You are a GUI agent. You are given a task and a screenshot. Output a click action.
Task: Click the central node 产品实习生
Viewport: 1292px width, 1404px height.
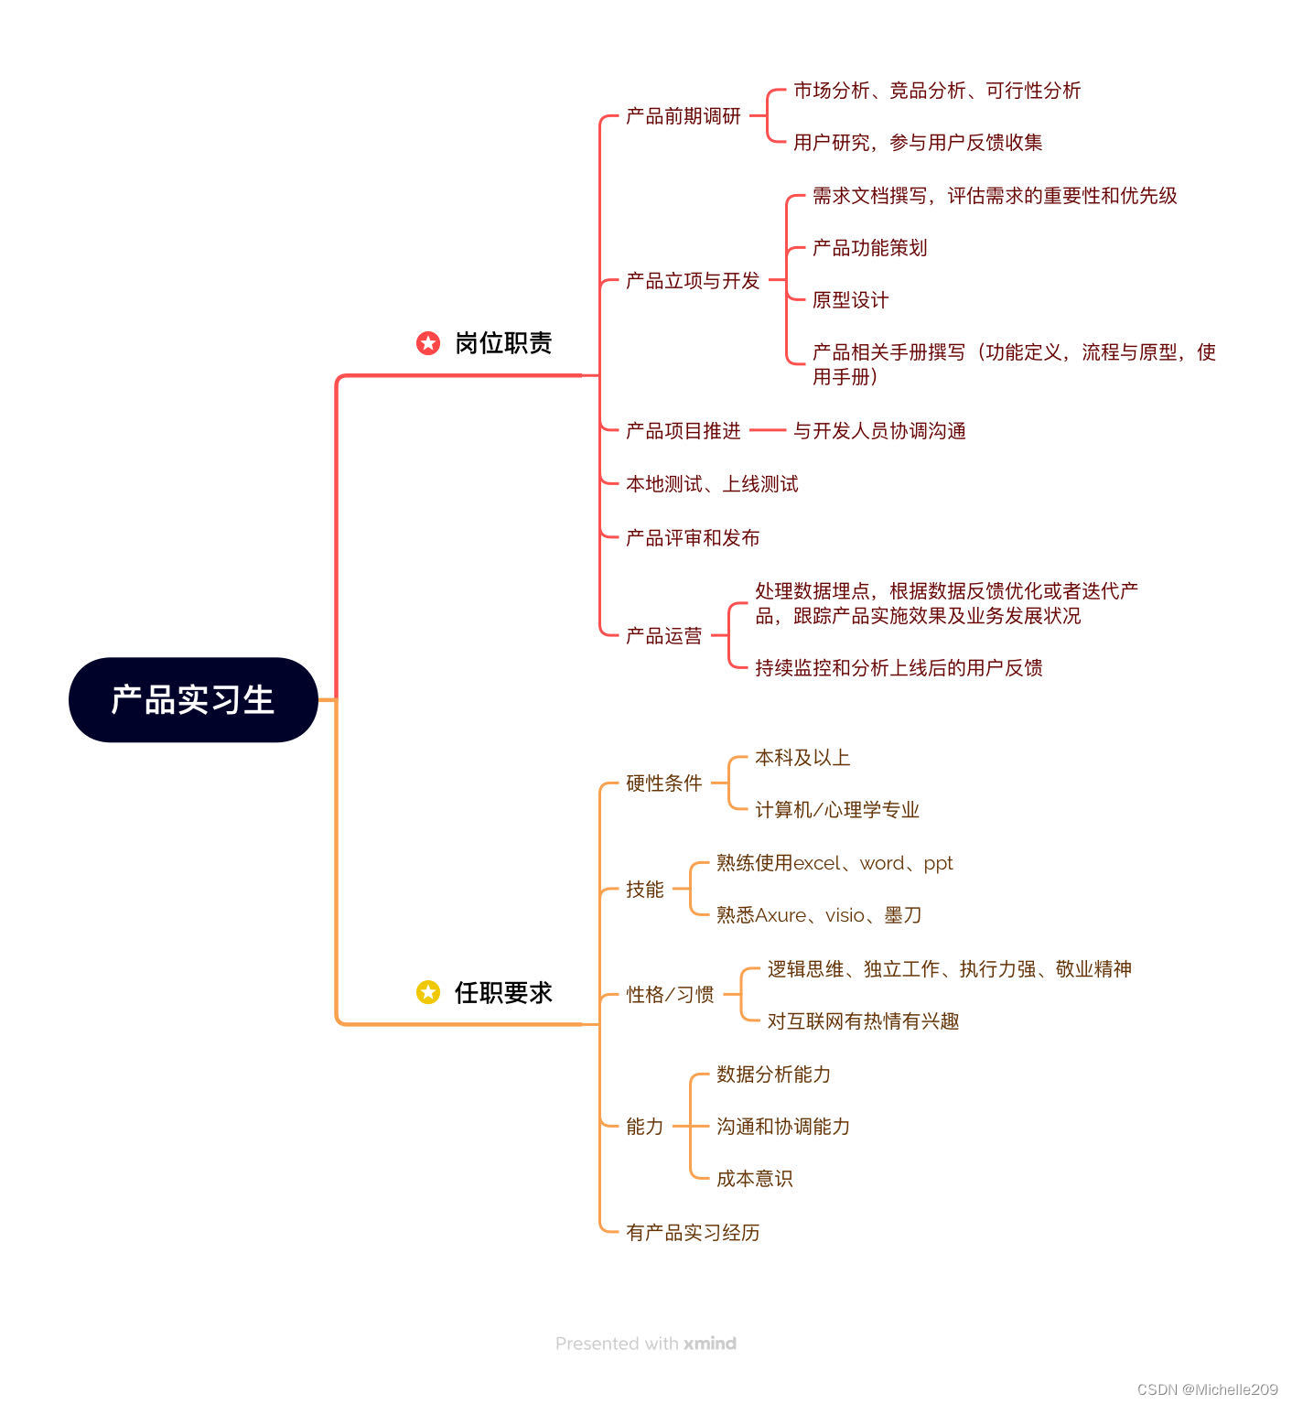193,700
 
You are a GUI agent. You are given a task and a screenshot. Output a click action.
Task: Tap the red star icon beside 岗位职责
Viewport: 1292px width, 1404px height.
427,343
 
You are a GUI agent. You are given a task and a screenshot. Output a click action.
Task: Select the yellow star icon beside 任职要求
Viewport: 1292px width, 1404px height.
427,992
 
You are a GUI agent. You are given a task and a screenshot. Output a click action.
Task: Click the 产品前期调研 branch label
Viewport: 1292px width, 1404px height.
683,116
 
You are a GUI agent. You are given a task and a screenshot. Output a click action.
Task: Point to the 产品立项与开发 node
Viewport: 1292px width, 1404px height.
693,281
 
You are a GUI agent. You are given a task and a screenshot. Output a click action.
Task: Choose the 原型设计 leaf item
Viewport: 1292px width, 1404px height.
850,300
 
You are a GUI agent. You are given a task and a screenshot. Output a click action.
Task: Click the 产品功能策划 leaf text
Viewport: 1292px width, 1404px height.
869,248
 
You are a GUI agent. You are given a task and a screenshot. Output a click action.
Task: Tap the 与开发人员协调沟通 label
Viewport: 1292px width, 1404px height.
879,431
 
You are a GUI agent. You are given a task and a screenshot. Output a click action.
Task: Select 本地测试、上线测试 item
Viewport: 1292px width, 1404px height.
712,484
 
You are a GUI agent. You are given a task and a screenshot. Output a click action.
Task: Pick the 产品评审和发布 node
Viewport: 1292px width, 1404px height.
693,538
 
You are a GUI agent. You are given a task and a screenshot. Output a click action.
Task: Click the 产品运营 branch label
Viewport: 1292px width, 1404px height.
663,636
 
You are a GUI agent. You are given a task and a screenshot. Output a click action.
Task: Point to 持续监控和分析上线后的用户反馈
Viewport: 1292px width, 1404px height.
899,668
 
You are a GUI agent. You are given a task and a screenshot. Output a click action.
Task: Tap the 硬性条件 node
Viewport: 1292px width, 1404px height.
663,783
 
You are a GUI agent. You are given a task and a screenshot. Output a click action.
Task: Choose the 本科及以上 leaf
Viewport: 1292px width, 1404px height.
802,758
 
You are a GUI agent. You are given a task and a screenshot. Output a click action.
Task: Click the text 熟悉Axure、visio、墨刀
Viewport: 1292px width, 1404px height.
819,915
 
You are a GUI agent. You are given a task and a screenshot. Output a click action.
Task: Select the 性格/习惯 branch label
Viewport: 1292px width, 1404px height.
670,995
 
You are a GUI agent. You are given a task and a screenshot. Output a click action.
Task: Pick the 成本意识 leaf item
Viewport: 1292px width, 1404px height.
754,1179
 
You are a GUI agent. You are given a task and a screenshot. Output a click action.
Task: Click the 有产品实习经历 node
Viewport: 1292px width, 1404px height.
693,1233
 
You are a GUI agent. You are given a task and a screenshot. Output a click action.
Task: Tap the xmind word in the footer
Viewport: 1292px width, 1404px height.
710,1344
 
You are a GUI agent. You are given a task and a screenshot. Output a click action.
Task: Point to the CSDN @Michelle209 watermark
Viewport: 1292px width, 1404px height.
1207,1389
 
